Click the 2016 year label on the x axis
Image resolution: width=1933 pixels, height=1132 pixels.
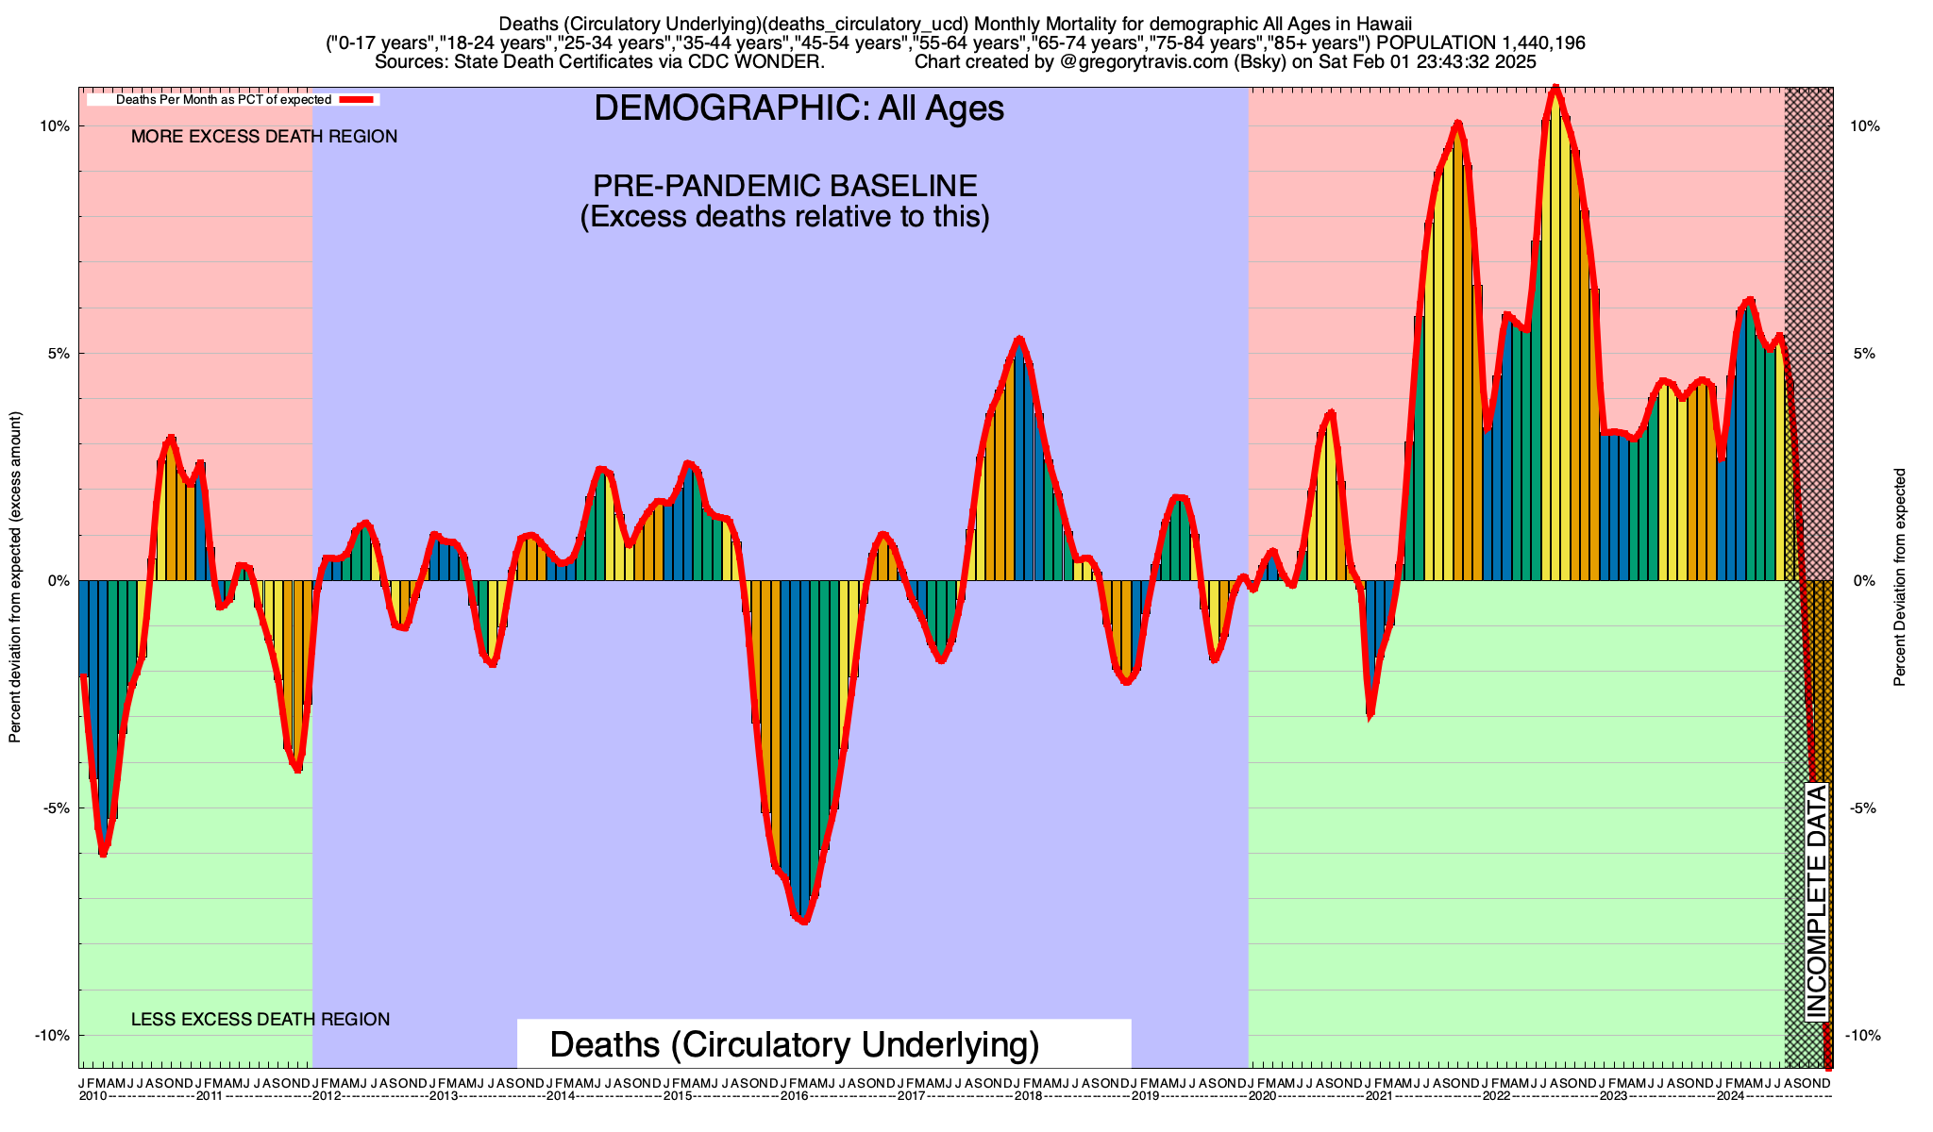coord(794,1096)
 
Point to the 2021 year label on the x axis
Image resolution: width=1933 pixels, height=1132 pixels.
coord(1379,1096)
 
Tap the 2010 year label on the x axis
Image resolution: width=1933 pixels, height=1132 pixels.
coord(92,1096)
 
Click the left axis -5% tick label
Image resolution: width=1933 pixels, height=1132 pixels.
coord(53,808)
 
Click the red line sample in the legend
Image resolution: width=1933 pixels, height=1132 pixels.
coord(359,99)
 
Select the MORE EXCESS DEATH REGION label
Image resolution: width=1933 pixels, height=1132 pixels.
coord(264,137)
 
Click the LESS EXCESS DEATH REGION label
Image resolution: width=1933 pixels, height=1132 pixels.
coord(261,1020)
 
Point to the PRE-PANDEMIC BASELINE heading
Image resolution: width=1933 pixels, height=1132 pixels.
coord(784,185)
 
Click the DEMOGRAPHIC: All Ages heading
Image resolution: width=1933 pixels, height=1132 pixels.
coord(798,108)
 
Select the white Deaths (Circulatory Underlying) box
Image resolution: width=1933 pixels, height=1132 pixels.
coord(823,1044)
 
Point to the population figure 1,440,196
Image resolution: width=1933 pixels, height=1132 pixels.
coord(1539,43)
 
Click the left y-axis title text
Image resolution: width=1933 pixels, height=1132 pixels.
coord(15,577)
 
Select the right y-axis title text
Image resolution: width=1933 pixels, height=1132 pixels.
coord(1900,577)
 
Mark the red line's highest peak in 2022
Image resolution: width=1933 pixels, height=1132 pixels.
coord(1555,89)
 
